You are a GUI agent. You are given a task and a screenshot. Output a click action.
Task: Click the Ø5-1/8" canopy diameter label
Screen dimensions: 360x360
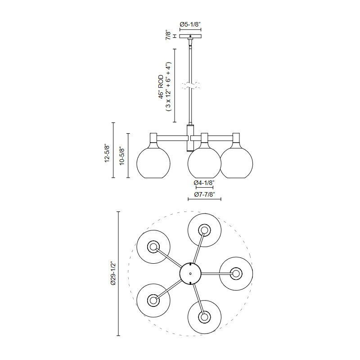[x=190, y=24]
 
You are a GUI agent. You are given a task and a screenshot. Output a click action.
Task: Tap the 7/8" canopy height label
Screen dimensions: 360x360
[x=168, y=36]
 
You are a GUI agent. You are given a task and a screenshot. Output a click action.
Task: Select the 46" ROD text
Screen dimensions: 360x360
[x=161, y=87]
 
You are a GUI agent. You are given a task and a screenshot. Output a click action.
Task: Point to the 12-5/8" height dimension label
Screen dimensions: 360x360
[x=107, y=153]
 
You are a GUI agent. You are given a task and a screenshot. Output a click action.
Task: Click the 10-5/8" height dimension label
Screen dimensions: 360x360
[x=121, y=156]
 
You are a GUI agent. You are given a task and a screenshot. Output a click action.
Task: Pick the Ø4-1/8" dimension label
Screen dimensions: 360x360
[x=204, y=183]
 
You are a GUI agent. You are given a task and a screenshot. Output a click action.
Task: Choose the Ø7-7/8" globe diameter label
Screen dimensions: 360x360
[x=204, y=194]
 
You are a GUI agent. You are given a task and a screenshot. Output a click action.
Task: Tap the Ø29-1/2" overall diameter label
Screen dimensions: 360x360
[x=113, y=273]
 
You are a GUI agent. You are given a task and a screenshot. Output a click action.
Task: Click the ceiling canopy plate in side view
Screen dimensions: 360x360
[x=190, y=36]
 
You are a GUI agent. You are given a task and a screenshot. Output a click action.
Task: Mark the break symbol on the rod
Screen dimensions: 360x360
[x=190, y=85]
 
